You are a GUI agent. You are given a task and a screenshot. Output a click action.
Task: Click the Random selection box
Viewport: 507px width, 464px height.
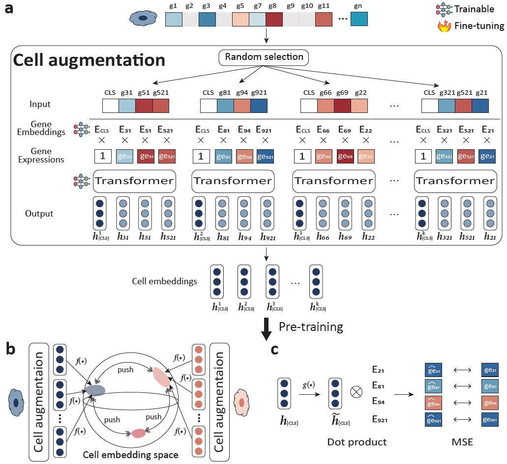point(264,57)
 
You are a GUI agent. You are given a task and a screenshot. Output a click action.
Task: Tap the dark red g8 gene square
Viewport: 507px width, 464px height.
point(273,19)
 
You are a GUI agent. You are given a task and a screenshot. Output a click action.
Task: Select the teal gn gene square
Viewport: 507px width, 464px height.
point(359,19)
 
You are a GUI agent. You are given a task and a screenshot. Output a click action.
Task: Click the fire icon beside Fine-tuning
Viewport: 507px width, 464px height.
point(444,26)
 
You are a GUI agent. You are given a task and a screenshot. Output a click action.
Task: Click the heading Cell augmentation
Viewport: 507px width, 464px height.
point(89,60)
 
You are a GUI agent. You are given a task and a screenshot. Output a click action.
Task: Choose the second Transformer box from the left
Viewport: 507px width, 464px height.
point(233,181)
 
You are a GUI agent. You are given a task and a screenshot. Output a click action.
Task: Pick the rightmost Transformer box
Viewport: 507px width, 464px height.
point(454,181)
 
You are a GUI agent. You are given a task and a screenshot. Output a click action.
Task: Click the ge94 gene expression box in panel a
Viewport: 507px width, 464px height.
point(244,157)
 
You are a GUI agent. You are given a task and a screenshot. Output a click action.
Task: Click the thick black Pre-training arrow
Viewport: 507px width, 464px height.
point(266,329)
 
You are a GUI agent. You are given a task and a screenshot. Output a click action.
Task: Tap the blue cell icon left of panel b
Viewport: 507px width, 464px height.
point(16,403)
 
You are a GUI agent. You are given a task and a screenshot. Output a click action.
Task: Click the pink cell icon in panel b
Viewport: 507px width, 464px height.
point(240,402)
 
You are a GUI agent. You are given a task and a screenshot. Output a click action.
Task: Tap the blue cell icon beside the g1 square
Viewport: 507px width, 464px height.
point(142,19)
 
